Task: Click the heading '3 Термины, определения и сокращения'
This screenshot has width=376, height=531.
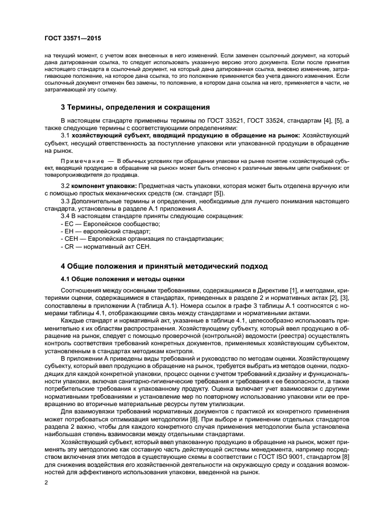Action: pos(135,107)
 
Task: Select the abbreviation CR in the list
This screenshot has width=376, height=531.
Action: pos(67,246)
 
